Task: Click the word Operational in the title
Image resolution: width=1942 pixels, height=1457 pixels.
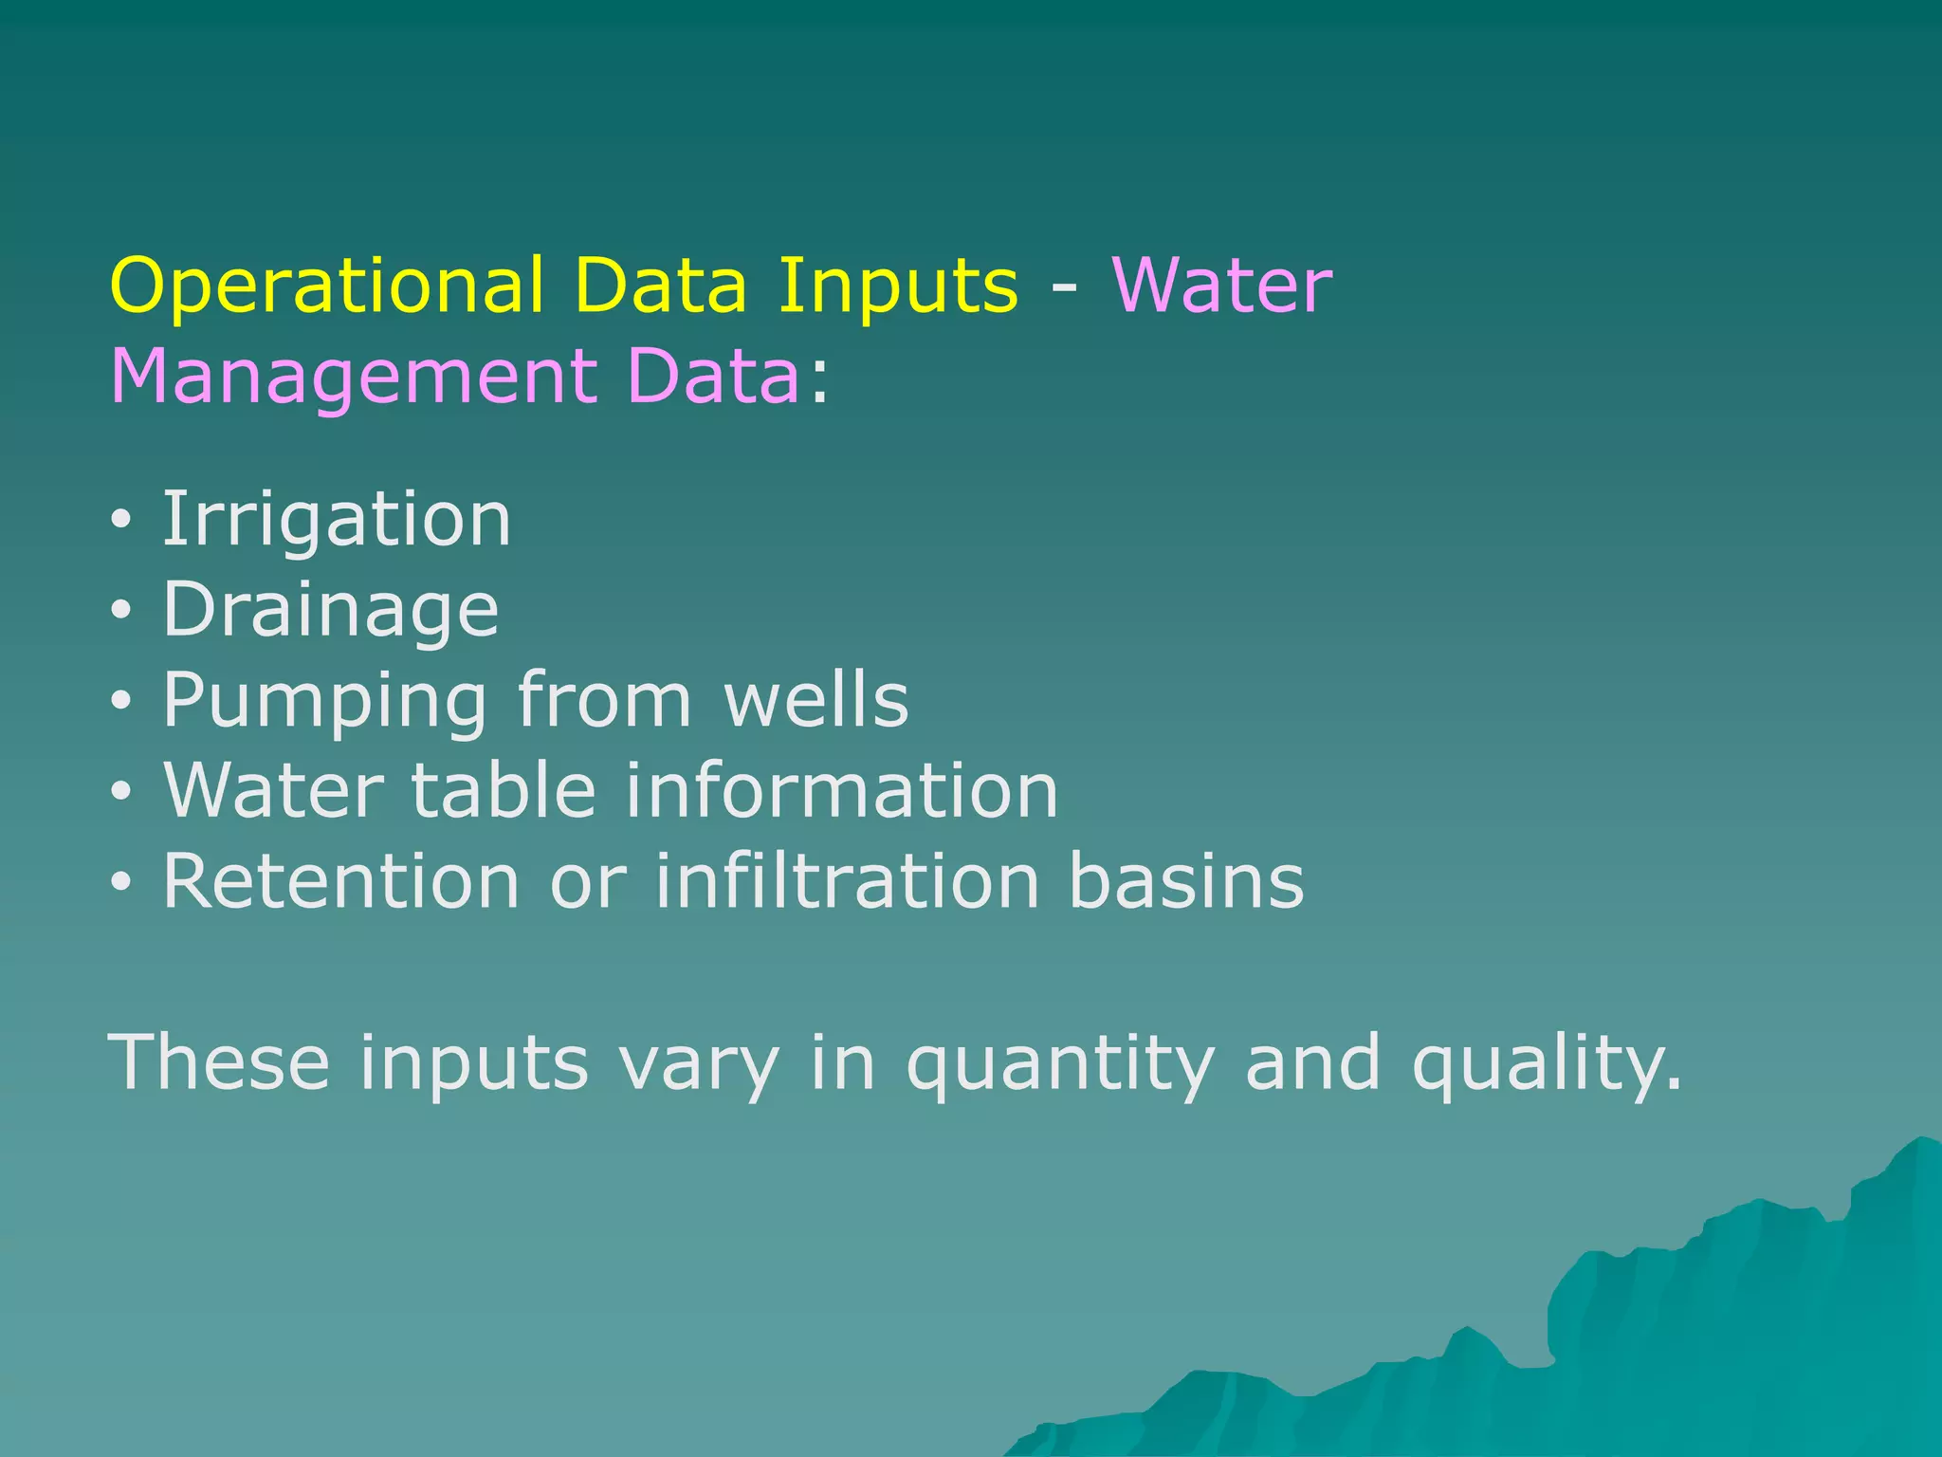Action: click(327, 286)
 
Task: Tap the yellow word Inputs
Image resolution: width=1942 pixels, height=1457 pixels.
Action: click(898, 286)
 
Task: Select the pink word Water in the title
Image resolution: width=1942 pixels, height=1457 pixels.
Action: click(1221, 286)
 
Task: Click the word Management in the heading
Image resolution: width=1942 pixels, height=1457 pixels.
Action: click(353, 377)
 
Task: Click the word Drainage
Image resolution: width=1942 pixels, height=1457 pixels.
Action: click(330, 611)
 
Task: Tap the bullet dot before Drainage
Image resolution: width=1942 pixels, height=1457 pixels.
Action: click(120, 612)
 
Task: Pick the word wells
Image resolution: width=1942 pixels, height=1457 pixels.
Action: click(815, 700)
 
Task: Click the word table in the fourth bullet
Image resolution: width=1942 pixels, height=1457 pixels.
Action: click(503, 790)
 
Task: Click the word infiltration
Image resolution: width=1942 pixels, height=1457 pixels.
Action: click(846, 881)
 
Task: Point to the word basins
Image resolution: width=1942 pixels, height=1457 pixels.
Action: click(1186, 881)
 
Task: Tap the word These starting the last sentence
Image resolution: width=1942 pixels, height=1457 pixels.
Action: click(220, 1062)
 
